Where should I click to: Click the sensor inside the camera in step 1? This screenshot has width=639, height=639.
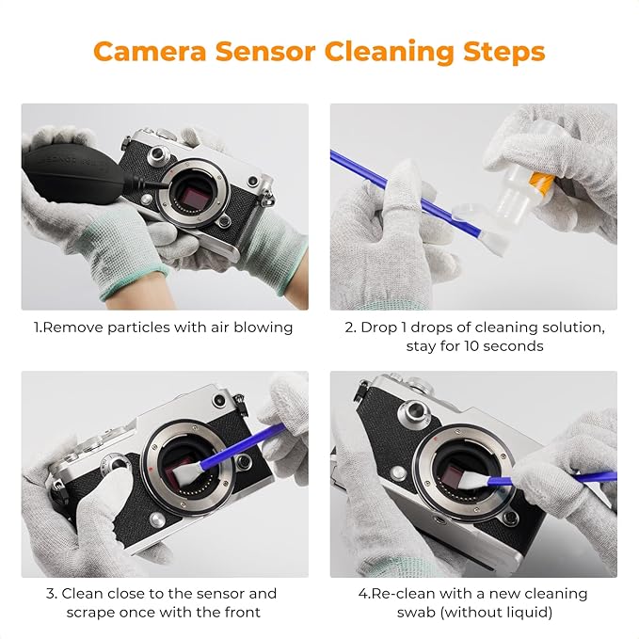pyautogui.click(x=191, y=194)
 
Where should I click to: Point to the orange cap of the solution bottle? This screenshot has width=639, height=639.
pyautogui.click(x=538, y=181)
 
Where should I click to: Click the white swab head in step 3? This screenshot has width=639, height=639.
pyautogui.click(x=201, y=466)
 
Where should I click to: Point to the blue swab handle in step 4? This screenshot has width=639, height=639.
pyautogui.click(x=593, y=478)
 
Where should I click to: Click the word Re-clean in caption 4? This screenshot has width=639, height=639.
pyautogui.click(x=399, y=594)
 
